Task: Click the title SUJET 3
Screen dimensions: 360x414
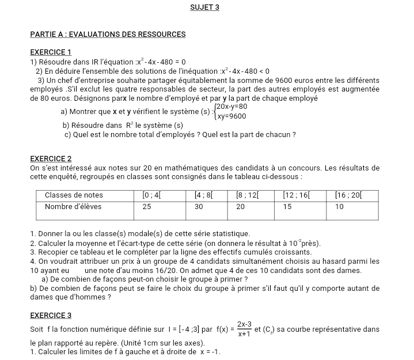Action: pos(204,7)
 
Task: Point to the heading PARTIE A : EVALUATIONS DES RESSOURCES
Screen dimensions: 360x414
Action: pos(108,35)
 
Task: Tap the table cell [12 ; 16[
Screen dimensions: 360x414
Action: pos(297,196)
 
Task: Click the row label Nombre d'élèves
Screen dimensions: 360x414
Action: pos(73,206)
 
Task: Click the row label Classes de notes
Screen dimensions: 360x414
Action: pos(74,196)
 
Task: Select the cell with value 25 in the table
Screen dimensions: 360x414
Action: pos(147,206)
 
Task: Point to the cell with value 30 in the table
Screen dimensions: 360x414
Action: pos(199,206)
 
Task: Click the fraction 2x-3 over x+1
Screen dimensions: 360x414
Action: pos(244,329)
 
